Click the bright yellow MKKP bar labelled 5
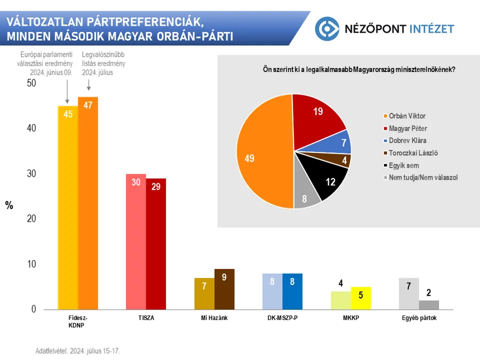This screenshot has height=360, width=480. [361, 298]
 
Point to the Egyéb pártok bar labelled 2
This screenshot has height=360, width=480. [428, 304]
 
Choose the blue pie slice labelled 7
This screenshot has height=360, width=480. [339, 143]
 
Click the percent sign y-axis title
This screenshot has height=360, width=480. [9, 205]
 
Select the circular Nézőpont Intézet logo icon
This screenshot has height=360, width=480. [327, 28]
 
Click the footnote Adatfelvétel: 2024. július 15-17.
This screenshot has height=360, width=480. [77, 351]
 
